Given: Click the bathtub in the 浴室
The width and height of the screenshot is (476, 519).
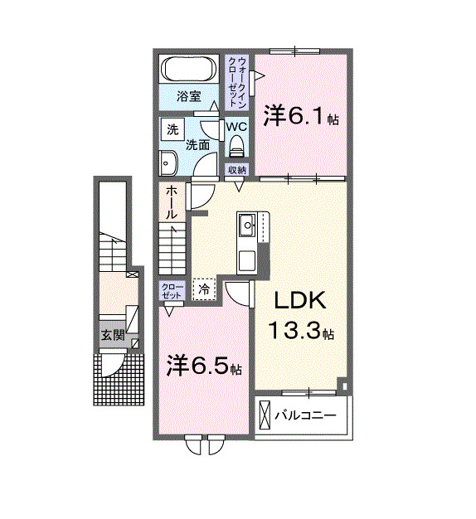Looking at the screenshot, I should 188,69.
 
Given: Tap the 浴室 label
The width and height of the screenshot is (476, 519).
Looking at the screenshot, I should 189,97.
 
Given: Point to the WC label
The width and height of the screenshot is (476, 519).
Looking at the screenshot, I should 236,127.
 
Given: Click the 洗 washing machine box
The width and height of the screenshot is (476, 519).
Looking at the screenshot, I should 172,129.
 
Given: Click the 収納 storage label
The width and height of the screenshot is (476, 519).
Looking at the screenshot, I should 237,170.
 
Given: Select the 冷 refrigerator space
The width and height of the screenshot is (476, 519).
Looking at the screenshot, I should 204,289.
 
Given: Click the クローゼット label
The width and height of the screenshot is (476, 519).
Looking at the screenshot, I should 172,291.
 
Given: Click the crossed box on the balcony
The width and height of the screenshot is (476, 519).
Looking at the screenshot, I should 265,414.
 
